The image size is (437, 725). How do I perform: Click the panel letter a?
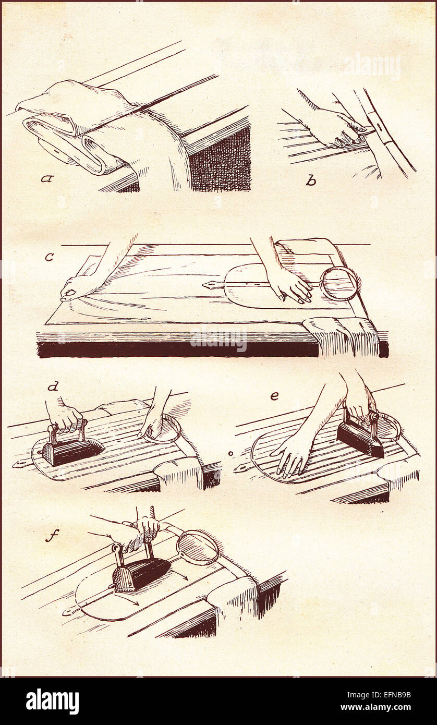[46, 178]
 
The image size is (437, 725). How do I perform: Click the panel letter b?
[311, 180]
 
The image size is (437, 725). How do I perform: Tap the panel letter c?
[49, 257]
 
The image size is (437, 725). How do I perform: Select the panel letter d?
[53, 386]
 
